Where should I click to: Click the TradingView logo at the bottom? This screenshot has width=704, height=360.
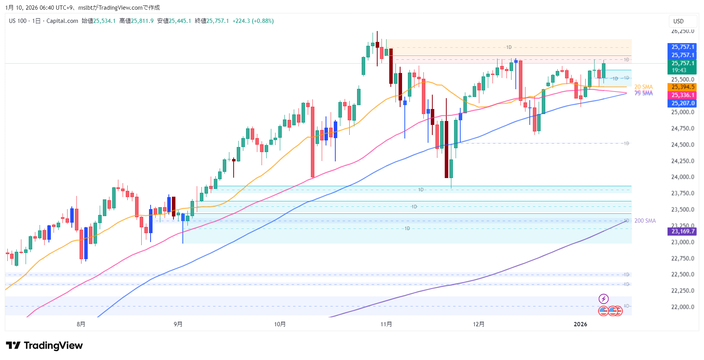pyautogui.click(x=44, y=345)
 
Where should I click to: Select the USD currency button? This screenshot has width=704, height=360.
pyautogui.click(x=678, y=21)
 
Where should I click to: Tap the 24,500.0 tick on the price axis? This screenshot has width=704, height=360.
pyautogui.click(x=683, y=145)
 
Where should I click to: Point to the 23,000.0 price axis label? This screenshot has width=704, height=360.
pyautogui.click(x=683, y=242)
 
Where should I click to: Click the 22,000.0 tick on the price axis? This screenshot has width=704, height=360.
pyautogui.click(x=683, y=307)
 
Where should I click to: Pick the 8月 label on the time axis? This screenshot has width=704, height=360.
pyautogui.click(x=81, y=324)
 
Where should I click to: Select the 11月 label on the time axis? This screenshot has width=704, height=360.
pyautogui.click(x=386, y=324)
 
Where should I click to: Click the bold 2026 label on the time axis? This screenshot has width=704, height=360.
pyautogui.click(x=581, y=324)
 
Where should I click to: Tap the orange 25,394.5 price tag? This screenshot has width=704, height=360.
pyautogui.click(x=683, y=87)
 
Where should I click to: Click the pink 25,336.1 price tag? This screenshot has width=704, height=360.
pyautogui.click(x=683, y=95)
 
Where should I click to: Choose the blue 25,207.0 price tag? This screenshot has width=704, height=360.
pyautogui.click(x=683, y=103)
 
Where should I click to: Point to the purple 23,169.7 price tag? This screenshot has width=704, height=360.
pyautogui.click(x=683, y=231)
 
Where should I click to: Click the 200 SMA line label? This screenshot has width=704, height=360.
pyautogui.click(x=645, y=221)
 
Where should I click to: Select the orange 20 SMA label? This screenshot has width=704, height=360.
pyautogui.click(x=643, y=87)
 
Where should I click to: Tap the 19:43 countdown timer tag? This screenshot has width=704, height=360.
pyautogui.click(x=679, y=70)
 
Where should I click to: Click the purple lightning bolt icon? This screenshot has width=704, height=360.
pyautogui.click(x=603, y=299)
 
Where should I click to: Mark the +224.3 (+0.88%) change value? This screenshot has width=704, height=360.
pyautogui.click(x=253, y=21)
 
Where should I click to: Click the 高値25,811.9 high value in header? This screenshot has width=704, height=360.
pyautogui.click(x=136, y=21)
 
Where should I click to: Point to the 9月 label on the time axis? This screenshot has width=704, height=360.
pyautogui.click(x=178, y=324)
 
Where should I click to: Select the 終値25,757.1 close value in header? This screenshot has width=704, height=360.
pyautogui.click(x=212, y=21)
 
